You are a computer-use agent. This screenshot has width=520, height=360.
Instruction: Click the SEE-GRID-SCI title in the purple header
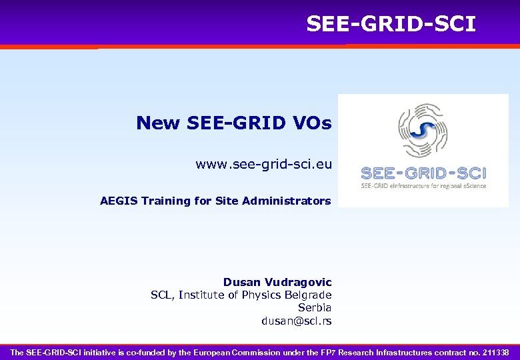point(391,24)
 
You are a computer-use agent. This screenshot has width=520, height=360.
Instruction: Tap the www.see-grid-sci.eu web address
point(263,164)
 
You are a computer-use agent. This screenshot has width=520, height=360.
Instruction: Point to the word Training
point(165,201)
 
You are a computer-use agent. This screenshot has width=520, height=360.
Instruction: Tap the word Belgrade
point(308,295)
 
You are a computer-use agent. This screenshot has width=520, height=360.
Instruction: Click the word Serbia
point(315,308)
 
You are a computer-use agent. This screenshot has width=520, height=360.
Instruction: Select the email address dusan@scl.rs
point(296,321)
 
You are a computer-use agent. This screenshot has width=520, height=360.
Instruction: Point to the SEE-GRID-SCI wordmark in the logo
point(424,173)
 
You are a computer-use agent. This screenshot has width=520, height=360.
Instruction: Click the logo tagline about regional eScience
point(424,186)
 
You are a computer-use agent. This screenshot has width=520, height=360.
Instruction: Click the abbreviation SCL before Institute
point(161,295)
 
